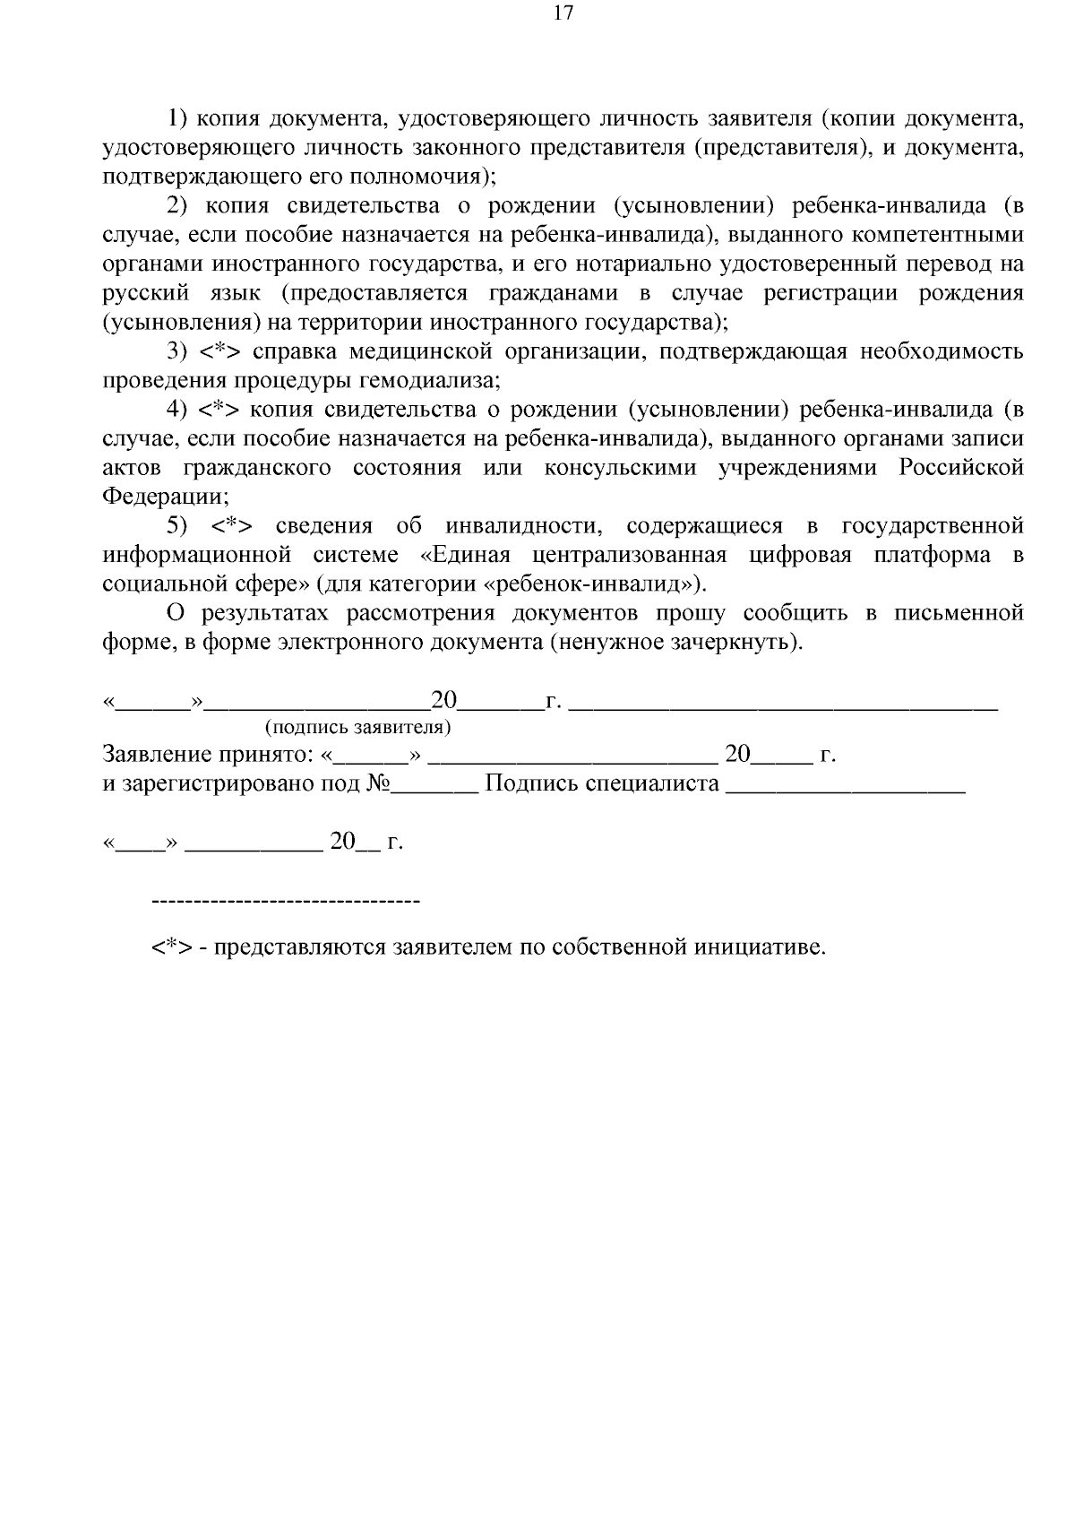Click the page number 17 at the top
563,13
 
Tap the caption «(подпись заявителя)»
357,726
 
